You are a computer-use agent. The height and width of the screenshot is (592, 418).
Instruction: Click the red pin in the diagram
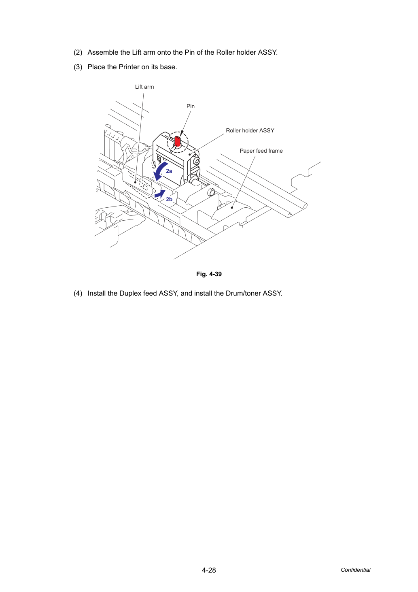178,141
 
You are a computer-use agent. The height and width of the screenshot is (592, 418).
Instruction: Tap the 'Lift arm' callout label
144,87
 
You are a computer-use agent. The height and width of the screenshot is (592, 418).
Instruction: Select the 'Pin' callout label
190,106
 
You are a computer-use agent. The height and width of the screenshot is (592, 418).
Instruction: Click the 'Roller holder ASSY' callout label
250,130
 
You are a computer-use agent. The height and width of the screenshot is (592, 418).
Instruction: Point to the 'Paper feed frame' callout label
261,151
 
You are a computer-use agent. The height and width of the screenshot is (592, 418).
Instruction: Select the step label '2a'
169,171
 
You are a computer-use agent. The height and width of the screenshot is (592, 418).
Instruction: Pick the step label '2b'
169,199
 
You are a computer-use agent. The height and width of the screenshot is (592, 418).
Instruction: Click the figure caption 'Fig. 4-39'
209,274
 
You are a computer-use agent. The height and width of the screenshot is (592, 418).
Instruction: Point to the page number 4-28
209,570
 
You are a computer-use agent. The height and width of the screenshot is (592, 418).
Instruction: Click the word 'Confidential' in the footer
355,570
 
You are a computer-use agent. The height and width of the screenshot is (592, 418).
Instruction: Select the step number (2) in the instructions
78,52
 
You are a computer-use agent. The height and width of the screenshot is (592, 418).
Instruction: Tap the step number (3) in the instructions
78,67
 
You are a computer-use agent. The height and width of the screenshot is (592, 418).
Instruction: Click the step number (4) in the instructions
78,293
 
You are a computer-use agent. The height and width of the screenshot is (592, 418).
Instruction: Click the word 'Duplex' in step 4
129,293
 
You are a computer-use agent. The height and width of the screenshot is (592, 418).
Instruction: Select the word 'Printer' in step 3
129,67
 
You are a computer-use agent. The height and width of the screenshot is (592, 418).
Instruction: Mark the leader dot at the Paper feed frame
232,208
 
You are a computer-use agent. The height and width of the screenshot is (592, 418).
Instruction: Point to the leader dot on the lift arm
135,182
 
